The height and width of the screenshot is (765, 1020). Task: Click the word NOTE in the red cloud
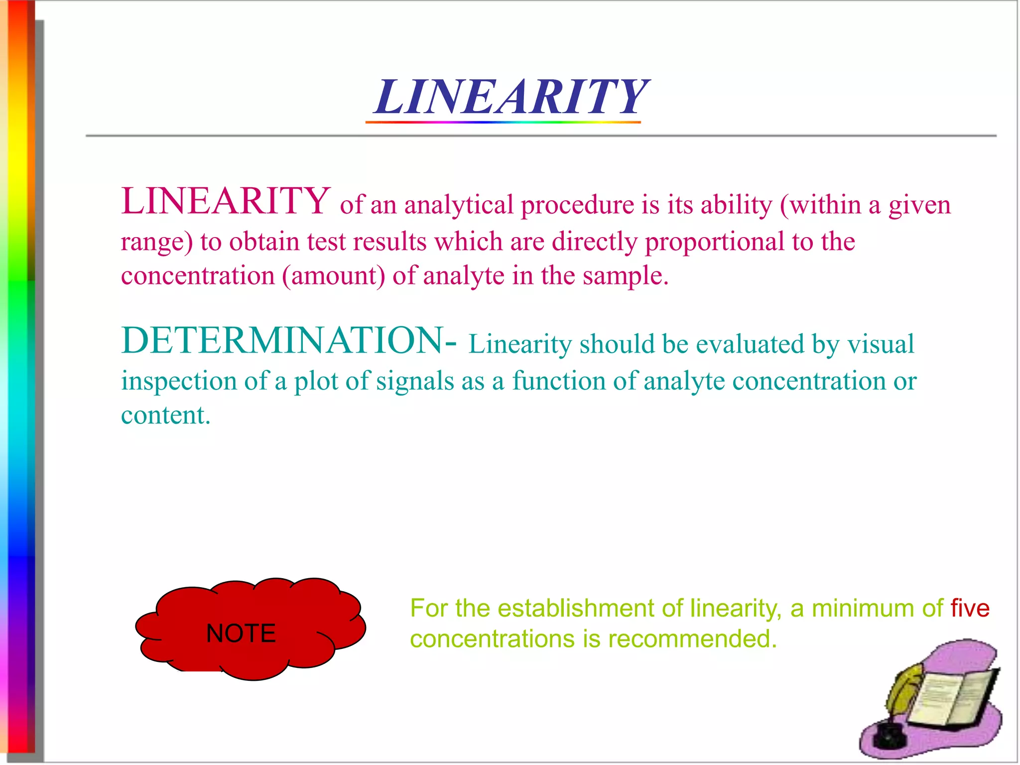click(241, 634)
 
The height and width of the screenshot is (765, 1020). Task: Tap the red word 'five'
click(970, 608)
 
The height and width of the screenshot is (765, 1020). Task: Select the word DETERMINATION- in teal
click(289, 341)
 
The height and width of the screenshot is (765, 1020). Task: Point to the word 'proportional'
click(715, 242)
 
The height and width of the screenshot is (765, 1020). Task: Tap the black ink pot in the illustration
click(888, 736)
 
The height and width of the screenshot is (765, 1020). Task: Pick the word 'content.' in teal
click(166, 415)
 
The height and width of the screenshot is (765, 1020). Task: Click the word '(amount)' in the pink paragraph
click(333, 276)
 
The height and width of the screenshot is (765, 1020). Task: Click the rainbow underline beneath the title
click(503, 122)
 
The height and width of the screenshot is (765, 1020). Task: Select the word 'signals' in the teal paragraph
click(415, 382)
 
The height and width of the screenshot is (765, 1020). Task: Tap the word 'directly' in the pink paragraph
click(594, 242)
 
